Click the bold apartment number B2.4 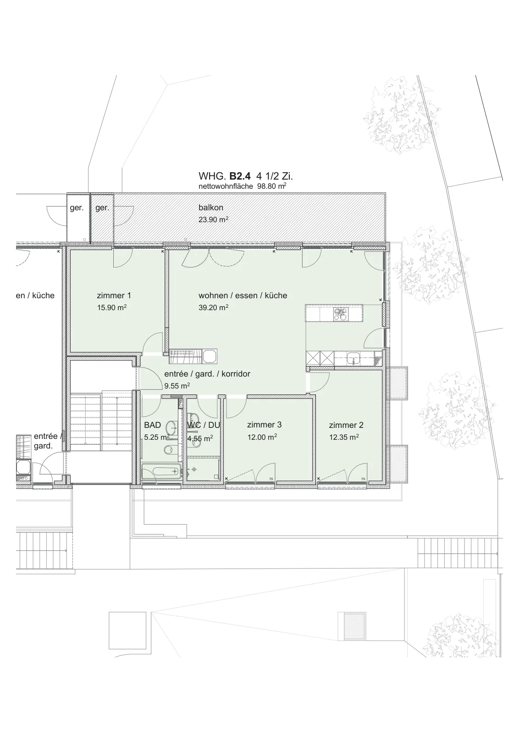[240, 176]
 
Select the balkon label [211, 208]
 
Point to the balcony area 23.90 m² [213, 219]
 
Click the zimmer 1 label [114, 295]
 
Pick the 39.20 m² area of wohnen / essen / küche [213, 307]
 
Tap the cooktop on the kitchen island [339, 314]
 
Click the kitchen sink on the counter [353, 358]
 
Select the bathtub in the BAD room [161, 471]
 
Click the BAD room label [153, 425]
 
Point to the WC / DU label [204, 425]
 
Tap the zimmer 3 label [264, 425]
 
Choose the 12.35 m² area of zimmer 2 [344, 437]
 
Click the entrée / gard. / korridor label [207, 374]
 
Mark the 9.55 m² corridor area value [177, 386]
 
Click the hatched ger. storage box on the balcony [102, 218]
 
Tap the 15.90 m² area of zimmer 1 [112, 307]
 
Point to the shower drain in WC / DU [194, 470]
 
